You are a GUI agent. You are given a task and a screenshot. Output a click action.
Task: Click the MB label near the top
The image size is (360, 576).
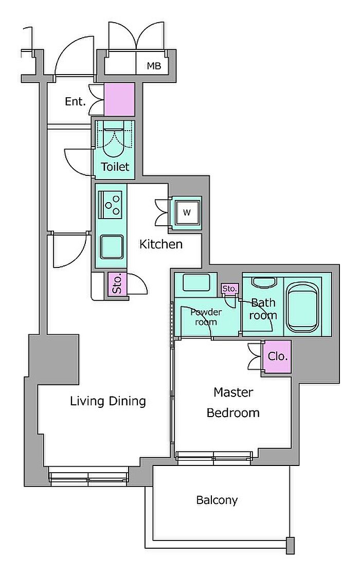pyautogui.click(x=154, y=66)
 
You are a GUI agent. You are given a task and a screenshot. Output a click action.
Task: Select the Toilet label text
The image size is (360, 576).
pyautogui.click(x=115, y=167)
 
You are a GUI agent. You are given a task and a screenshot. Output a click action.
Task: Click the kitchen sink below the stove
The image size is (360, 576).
pyautogui.click(x=112, y=246)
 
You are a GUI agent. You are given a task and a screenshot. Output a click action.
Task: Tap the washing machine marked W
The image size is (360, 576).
pyautogui.click(x=187, y=212)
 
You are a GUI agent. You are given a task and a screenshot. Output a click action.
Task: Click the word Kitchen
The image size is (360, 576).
pyautogui.click(x=161, y=244)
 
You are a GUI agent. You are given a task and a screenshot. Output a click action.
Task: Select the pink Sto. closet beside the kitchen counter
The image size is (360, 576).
pyautogui.click(x=117, y=283)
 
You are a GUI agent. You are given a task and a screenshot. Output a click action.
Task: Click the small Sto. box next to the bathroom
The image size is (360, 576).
pyautogui.click(x=230, y=289)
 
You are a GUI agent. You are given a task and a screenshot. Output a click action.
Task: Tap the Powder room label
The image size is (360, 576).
pyautogui.click(x=206, y=317)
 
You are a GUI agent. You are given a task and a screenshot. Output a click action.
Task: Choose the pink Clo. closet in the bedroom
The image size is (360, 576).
pyautogui.click(x=278, y=356)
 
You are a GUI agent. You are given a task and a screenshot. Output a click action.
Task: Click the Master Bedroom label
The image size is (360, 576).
pyautogui.click(x=233, y=402)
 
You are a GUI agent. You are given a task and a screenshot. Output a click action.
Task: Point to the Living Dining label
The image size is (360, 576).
pyautogui.click(x=108, y=401)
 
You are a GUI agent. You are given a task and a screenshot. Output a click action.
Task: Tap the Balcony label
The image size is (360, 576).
pyautogui.click(x=217, y=500)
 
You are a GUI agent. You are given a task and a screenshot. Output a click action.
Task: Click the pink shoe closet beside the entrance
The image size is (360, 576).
pyautogui.click(x=119, y=100)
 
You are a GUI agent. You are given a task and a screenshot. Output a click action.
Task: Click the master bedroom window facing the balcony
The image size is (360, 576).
pyautogui.click(x=214, y=456)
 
